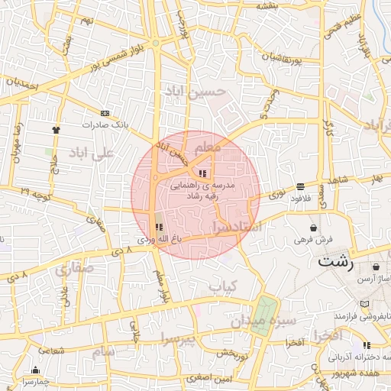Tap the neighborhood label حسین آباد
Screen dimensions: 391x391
click(x=195, y=92)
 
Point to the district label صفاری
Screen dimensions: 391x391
click(x=73, y=269)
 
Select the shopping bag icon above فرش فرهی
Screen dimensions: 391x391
click(x=314, y=227)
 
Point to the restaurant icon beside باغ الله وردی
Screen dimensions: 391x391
click(x=159, y=227)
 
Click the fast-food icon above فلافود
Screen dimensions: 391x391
click(x=300, y=185)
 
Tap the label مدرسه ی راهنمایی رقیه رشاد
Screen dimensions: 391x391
click(x=203, y=190)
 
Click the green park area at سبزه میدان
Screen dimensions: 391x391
click(x=267, y=309)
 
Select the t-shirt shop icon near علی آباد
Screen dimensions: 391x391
click(x=56, y=130)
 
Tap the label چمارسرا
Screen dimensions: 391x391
click(x=34, y=380)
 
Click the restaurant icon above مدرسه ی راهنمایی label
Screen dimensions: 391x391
click(x=202, y=173)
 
